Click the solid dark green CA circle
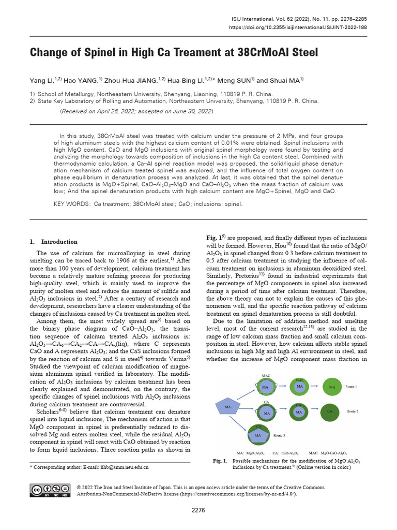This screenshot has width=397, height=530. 329,411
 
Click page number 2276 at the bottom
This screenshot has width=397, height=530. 198,510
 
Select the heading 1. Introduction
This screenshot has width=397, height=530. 53,242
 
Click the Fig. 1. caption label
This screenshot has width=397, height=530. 220,461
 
